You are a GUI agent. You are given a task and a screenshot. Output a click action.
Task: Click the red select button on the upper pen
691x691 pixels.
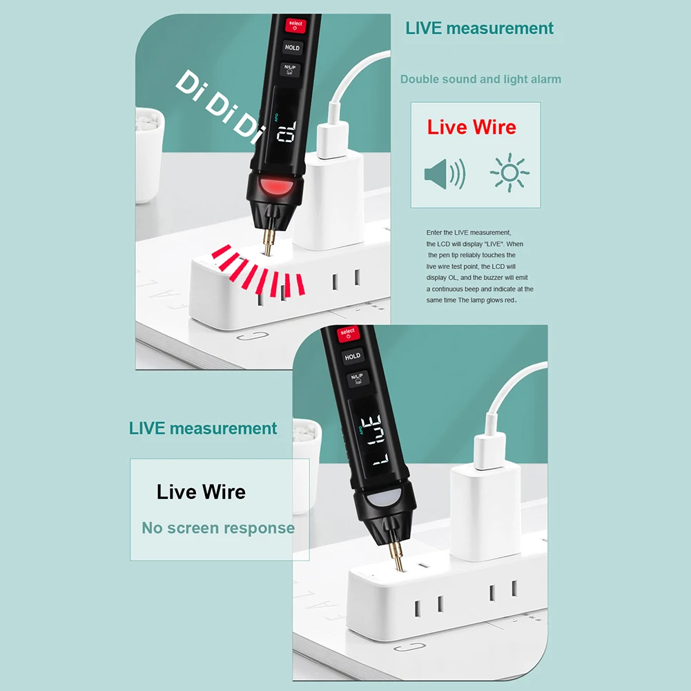coord(295,26)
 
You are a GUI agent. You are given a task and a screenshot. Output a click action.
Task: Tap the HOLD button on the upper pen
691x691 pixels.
coord(292,48)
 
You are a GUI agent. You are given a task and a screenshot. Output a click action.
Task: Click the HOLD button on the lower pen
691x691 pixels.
coord(352,356)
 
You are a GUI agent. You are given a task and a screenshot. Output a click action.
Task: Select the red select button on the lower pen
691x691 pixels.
coord(347,334)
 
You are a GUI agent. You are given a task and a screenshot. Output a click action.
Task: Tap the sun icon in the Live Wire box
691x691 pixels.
coord(509,173)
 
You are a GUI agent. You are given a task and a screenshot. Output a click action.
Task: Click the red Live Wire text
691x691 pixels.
coord(471,128)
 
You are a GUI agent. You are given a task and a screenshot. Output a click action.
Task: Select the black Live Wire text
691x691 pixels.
coord(201,492)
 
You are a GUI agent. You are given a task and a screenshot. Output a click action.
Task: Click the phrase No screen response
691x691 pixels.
coord(218,528)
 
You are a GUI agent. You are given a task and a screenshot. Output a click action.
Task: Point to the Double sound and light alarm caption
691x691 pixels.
coord(480,79)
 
